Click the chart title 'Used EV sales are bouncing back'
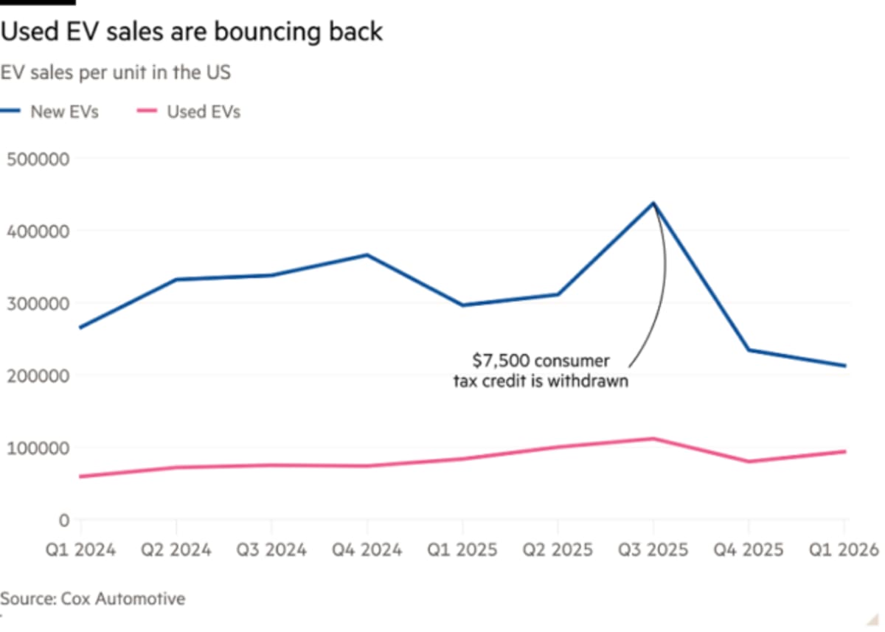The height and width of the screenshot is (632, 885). pos(192,32)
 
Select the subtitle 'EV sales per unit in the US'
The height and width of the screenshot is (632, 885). pos(115,73)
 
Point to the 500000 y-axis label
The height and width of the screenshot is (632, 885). pos(38,159)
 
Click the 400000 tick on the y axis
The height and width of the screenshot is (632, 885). pos(38,232)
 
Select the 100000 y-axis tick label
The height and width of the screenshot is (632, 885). pos(38,448)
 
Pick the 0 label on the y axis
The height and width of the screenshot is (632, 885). pos(63,521)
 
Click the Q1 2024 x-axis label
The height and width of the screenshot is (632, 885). pos(80,550)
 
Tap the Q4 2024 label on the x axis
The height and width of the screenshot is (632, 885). pos(367,550)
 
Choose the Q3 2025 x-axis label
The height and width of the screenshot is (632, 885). pos(653,550)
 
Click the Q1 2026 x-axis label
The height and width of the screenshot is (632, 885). pos(844,550)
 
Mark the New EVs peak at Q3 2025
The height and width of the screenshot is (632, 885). pos(653,203)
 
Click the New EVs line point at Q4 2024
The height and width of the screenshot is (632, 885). pos(367,255)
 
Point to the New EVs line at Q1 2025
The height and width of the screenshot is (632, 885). pos(462,305)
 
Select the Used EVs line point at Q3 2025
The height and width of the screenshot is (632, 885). pos(653,439)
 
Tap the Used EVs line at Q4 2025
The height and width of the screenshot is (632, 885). pos(749,462)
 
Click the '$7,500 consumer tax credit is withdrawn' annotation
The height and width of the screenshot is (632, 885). pos(541,372)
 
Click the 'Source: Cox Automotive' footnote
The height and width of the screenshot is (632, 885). pos(93,598)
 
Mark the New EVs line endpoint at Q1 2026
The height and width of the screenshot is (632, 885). pos(844,366)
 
